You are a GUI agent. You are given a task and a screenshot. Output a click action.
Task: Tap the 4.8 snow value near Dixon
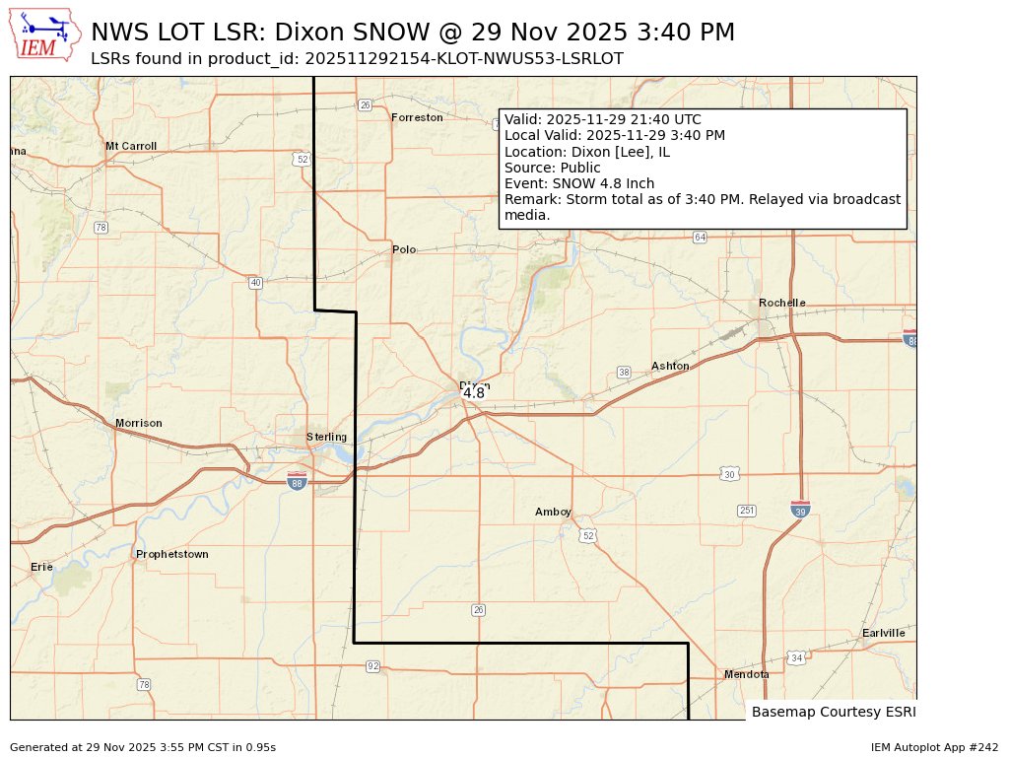pyautogui.click(x=474, y=393)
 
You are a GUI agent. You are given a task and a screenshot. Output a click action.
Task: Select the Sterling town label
pyautogui.click(x=326, y=437)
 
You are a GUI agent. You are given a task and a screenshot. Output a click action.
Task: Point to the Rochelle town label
pyautogui.click(x=781, y=303)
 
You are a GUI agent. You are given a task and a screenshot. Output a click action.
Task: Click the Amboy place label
pyautogui.click(x=553, y=512)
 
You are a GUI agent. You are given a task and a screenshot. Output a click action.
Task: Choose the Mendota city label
pyautogui.click(x=746, y=674)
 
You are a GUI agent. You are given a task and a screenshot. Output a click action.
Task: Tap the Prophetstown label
pyautogui.click(x=171, y=554)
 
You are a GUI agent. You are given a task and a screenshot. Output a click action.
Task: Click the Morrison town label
pyautogui.click(x=138, y=423)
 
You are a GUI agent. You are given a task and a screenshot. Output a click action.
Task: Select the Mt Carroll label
pyautogui.click(x=131, y=146)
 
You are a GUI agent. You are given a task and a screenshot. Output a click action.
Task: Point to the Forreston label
pyautogui.click(x=417, y=117)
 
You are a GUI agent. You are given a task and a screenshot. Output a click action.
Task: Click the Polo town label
pyautogui.click(x=404, y=249)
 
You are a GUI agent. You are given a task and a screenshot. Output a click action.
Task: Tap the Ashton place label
pyautogui.click(x=670, y=366)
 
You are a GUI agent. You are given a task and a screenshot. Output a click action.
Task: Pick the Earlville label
pyautogui.click(x=883, y=633)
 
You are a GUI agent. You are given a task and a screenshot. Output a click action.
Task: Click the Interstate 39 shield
pyautogui.click(x=800, y=509)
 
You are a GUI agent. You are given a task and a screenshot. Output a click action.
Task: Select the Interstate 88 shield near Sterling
pyautogui.click(x=297, y=481)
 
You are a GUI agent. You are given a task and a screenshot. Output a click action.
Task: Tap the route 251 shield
pyautogui.click(x=746, y=511)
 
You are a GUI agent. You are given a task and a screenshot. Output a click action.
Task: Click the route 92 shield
pyautogui.click(x=372, y=666)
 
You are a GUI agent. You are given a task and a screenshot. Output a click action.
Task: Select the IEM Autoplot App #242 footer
pyautogui.click(x=934, y=747)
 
